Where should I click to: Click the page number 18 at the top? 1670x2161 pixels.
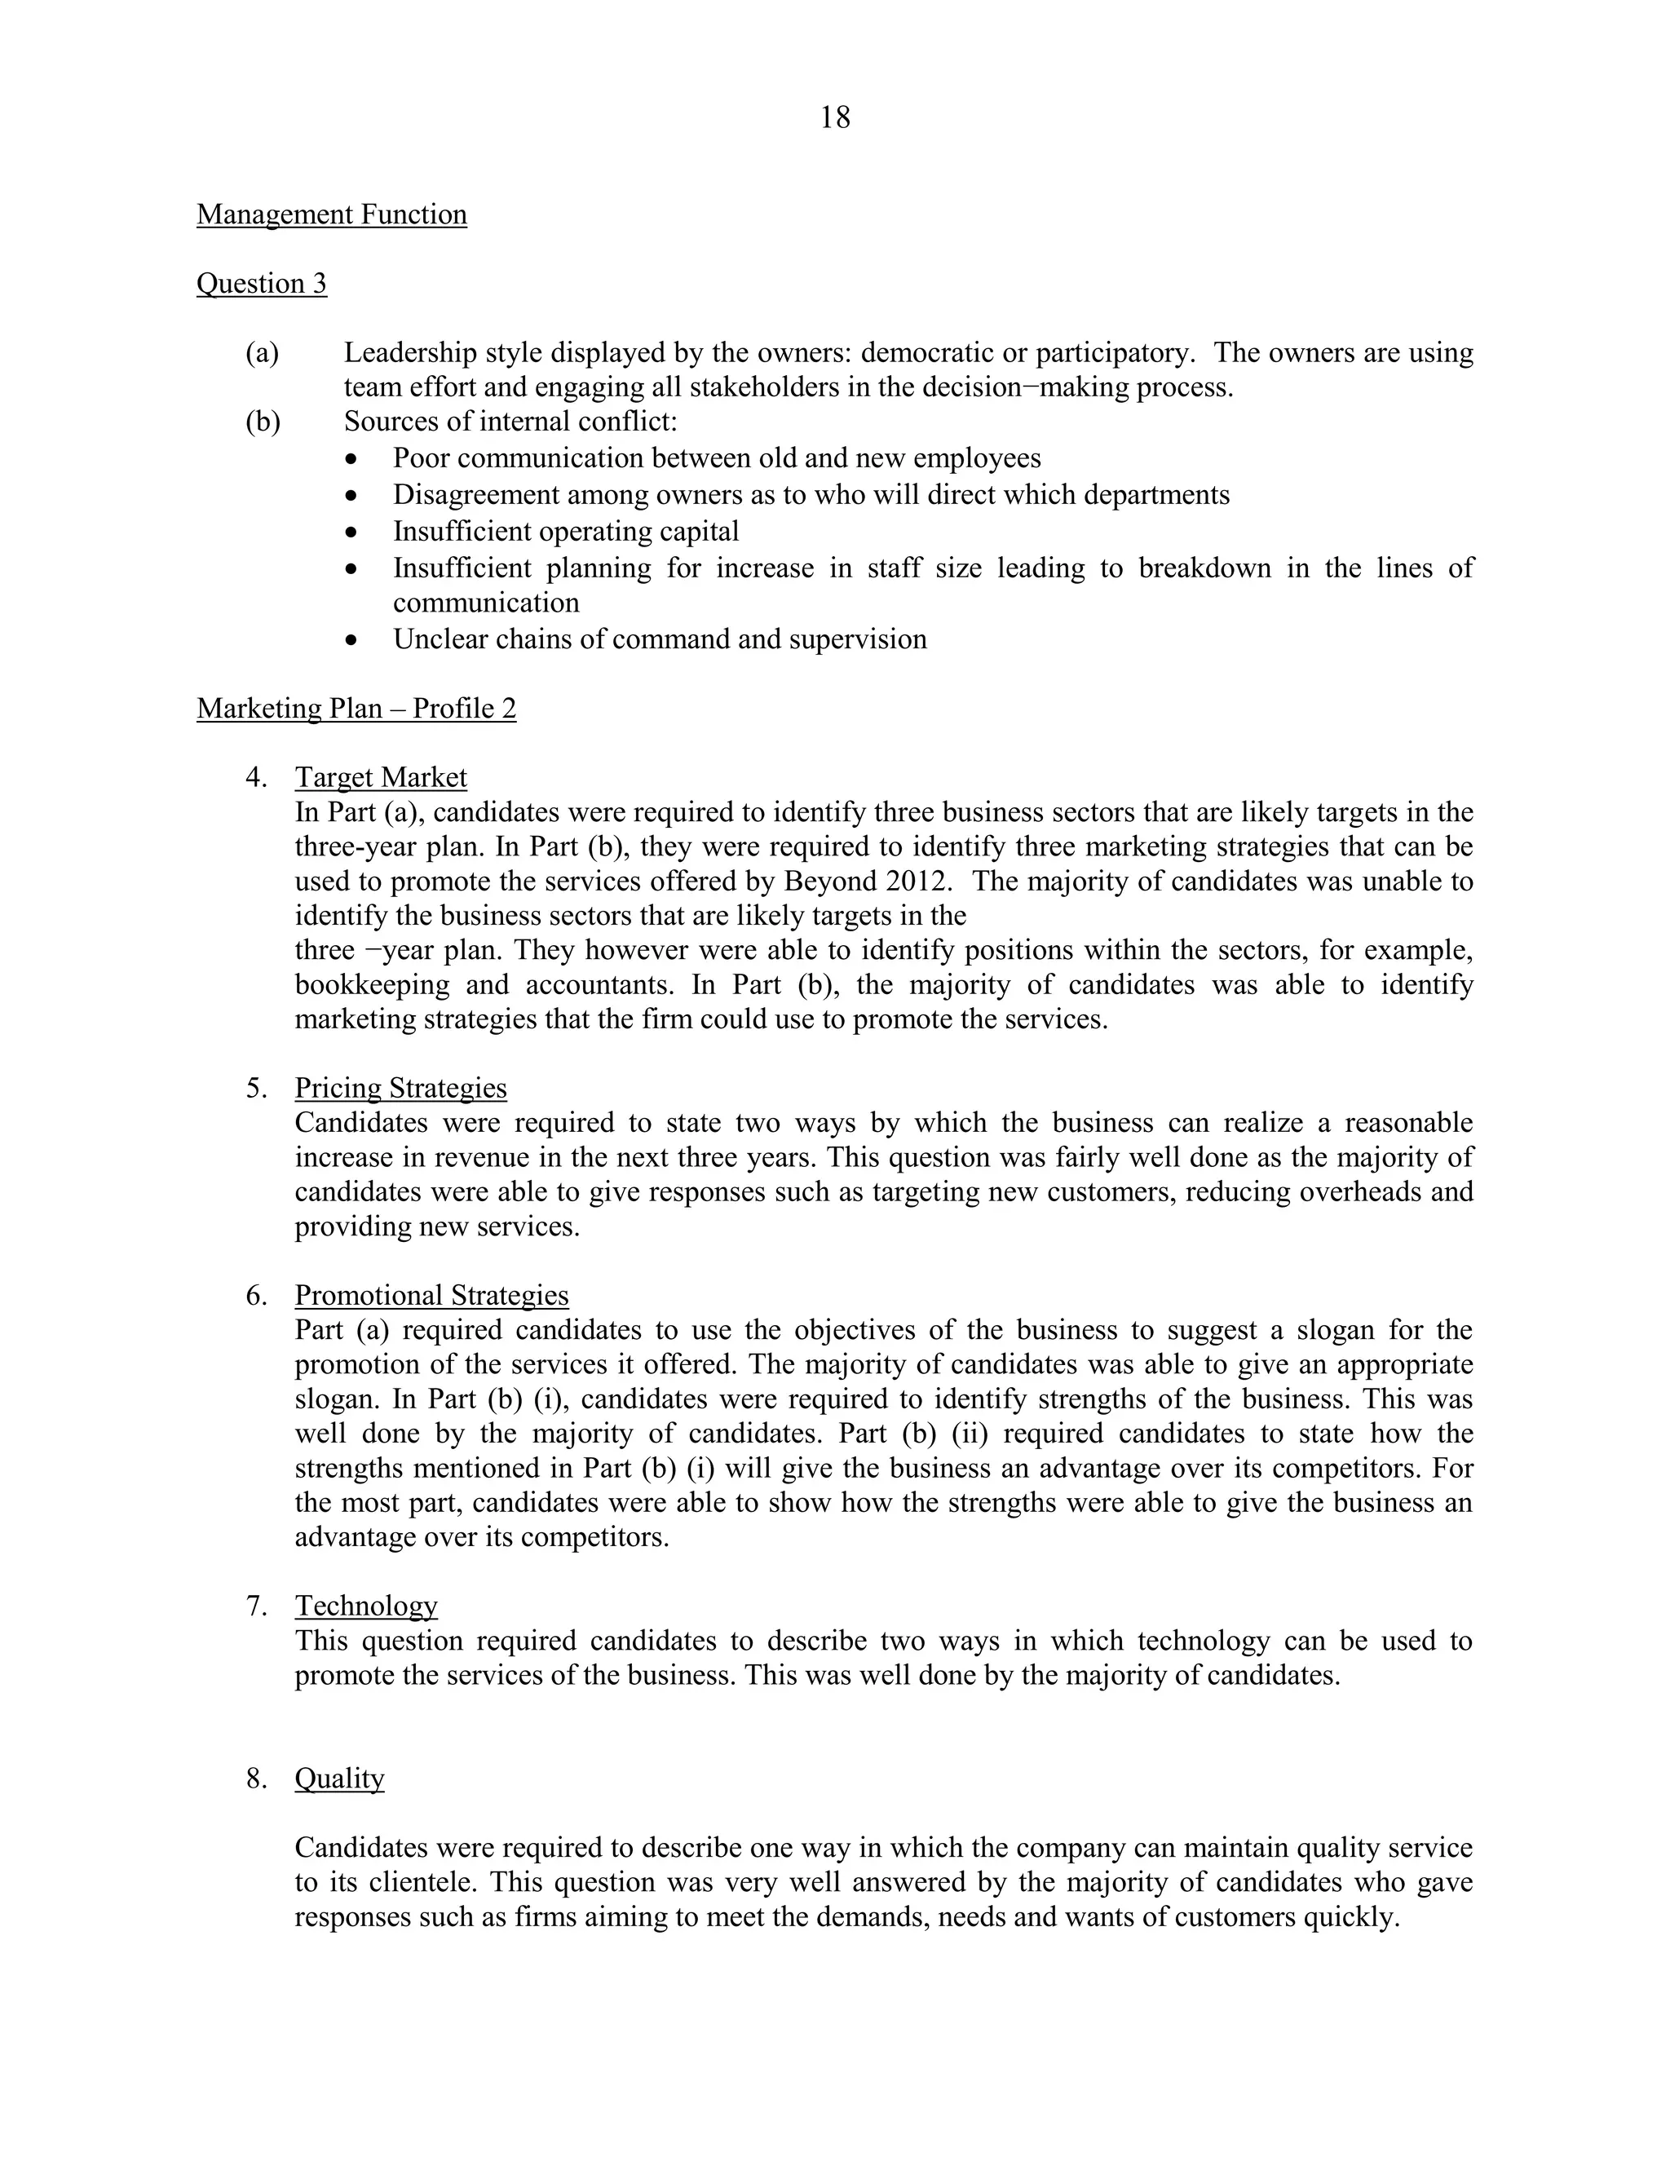[x=834, y=117]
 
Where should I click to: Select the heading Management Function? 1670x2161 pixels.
[x=331, y=214]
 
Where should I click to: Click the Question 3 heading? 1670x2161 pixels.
[x=261, y=284]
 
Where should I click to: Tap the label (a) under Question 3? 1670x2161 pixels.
[x=263, y=353]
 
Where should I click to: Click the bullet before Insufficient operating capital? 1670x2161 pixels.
[x=352, y=533]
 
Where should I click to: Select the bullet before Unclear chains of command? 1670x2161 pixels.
[x=352, y=640]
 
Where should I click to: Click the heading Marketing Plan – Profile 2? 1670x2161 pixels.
[x=356, y=709]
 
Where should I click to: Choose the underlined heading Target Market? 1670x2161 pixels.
[x=381, y=778]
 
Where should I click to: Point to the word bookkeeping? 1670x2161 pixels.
[x=372, y=986]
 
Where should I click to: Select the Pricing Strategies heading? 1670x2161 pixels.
[x=400, y=1089]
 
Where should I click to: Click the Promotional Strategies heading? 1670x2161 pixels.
[x=431, y=1297]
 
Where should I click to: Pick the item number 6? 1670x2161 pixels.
[x=256, y=1297]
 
